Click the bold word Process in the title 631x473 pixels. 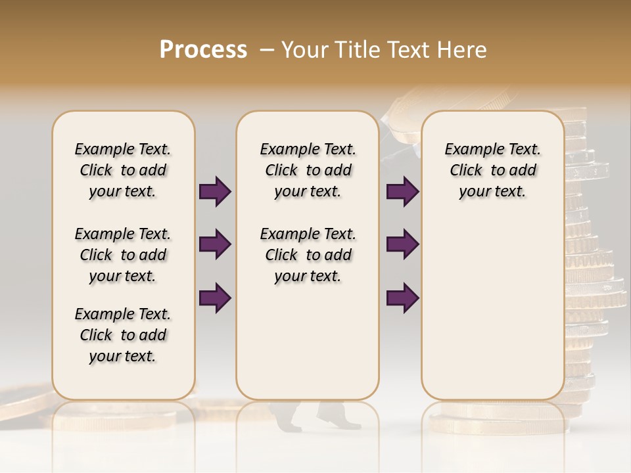pos(203,50)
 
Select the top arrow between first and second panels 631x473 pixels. pos(215,192)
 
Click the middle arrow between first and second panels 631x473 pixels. pos(215,244)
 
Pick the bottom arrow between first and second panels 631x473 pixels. pos(215,298)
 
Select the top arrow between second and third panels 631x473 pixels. pos(403,192)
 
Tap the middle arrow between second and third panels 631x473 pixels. pos(403,244)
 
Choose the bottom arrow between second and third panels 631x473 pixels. pos(403,298)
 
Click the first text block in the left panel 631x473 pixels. pos(123,170)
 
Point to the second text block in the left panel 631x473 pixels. pos(123,255)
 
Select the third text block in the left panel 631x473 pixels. pos(123,335)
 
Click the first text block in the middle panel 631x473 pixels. pos(308,170)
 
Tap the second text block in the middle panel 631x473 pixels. pos(308,255)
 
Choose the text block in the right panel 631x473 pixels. pos(492,170)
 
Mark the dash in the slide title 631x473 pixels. pos(267,50)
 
